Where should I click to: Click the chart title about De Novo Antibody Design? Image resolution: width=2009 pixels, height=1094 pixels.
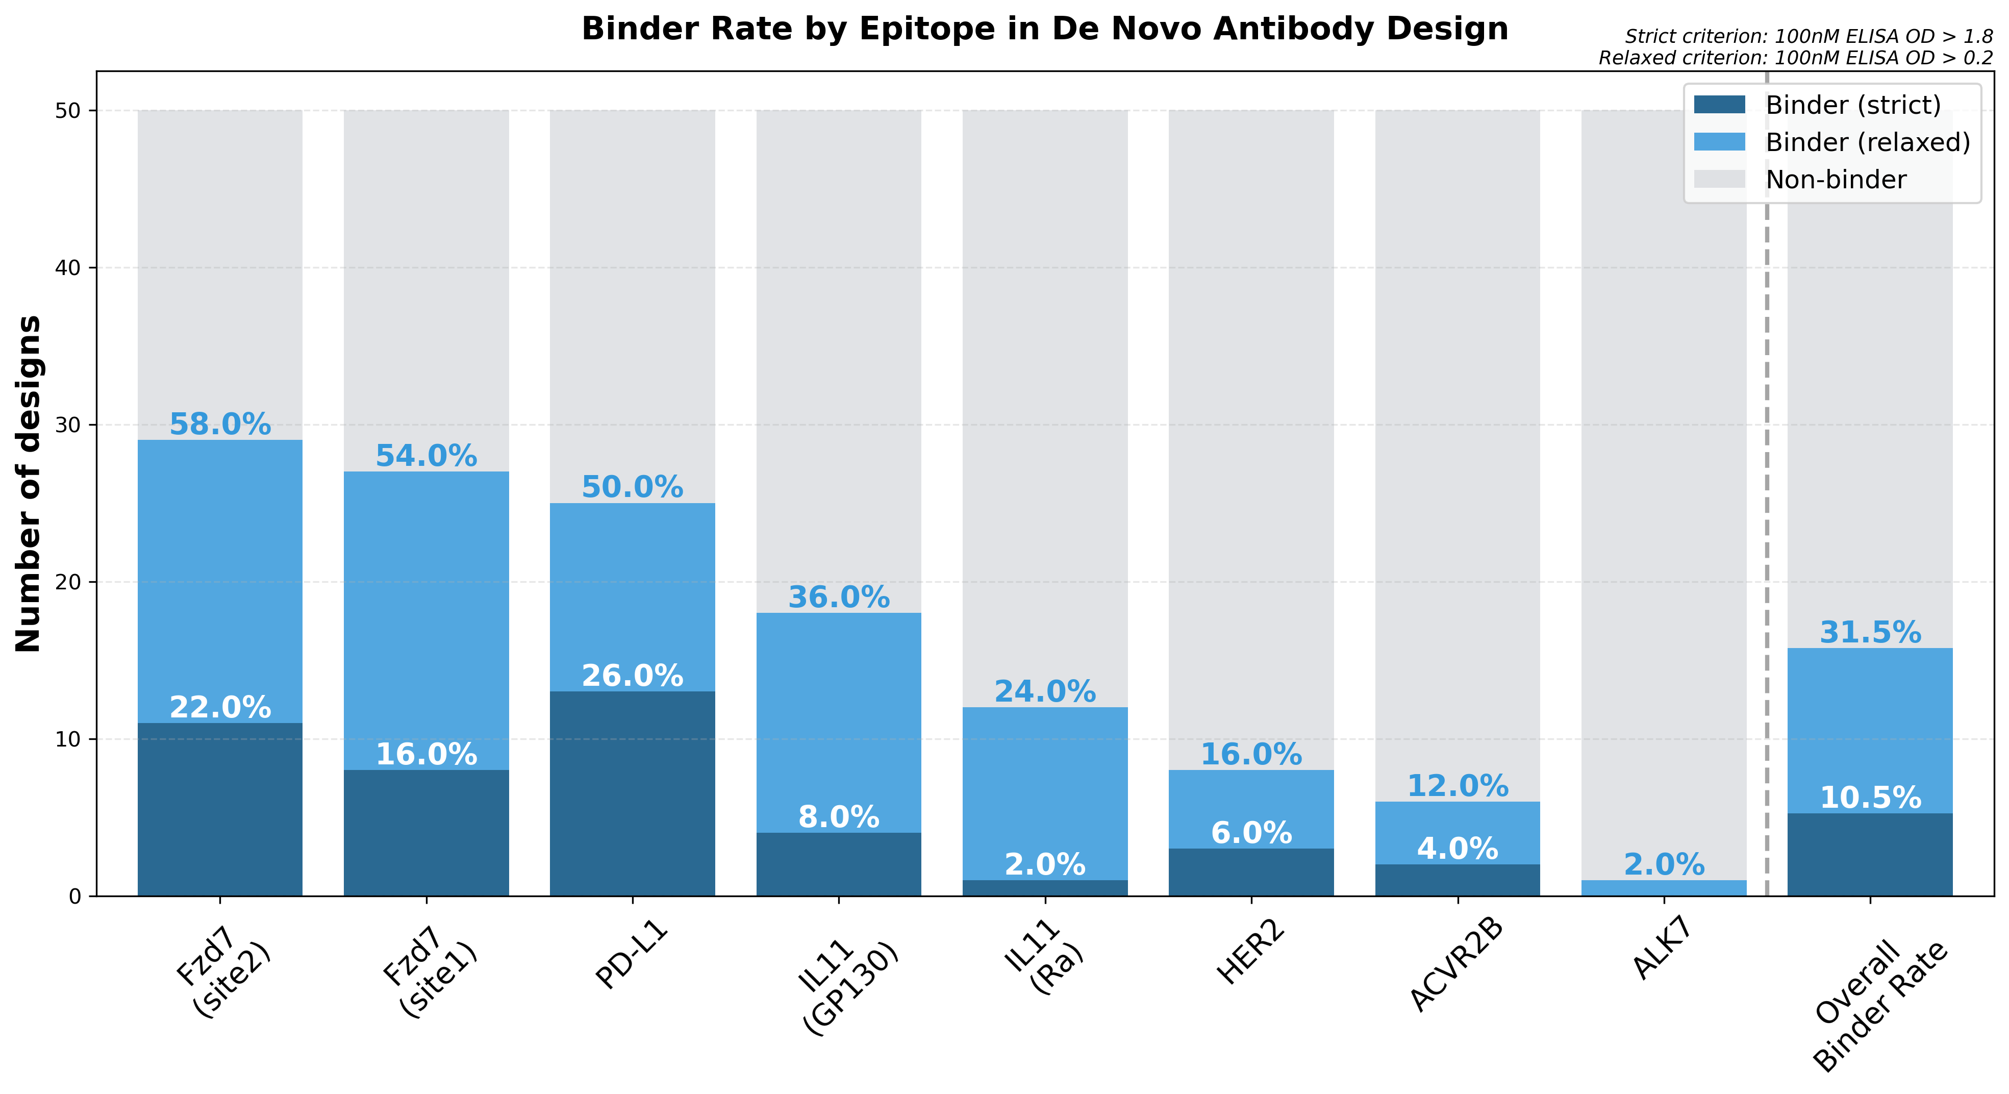click(1044, 30)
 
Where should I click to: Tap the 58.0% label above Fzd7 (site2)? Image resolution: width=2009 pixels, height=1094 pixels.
click(220, 425)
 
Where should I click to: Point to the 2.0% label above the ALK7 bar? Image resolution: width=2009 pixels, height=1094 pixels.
click(1664, 864)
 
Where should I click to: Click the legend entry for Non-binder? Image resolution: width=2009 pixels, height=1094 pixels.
click(1835, 180)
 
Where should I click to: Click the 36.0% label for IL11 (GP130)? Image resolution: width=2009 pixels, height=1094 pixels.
click(838, 598)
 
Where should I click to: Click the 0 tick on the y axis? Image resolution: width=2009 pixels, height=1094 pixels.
click(75, 897)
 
